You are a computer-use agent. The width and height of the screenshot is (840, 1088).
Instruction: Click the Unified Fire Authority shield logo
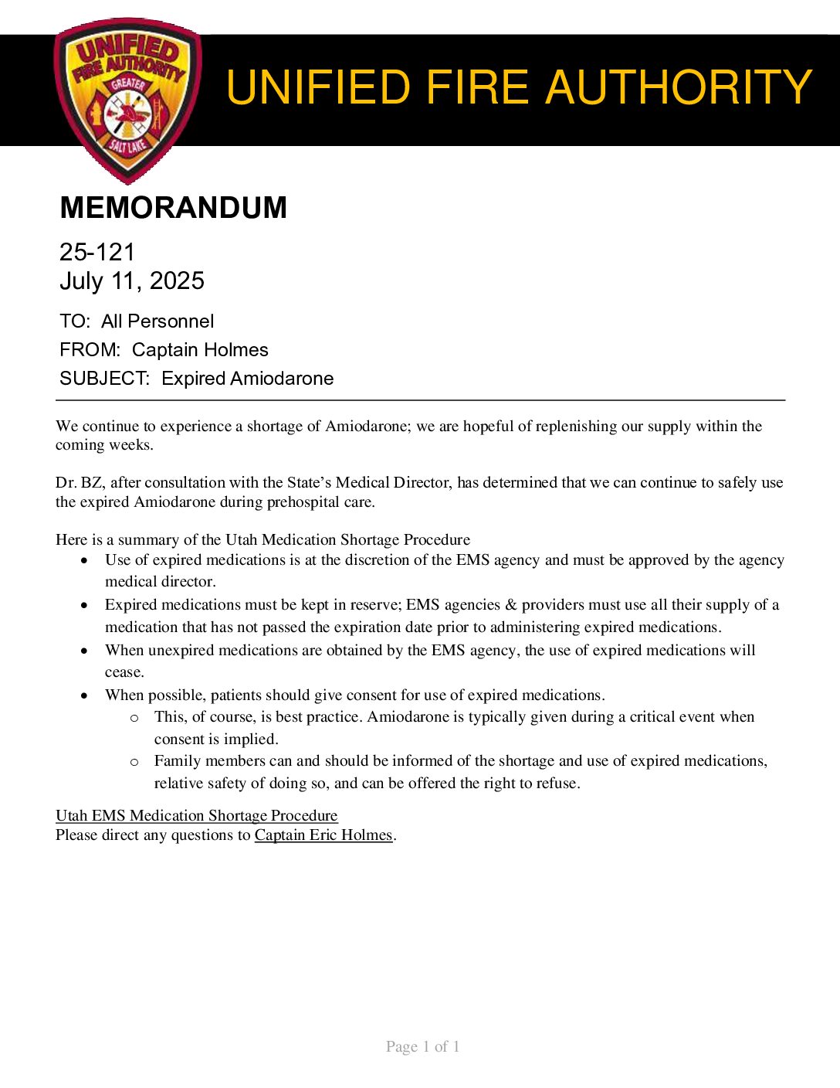pos(128,99)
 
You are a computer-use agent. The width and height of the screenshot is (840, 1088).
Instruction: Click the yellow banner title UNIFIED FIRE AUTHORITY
pos(518,87)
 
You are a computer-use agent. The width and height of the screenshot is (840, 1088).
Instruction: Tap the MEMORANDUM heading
pos(173,208)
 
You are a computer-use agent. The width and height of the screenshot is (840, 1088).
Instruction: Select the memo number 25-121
pos(97,252)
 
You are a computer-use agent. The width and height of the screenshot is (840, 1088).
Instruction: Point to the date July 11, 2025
pos(132,280)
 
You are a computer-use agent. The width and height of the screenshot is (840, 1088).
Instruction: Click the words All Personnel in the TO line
pos(157,321)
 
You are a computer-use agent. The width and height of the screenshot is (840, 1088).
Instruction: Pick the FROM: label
pos(90,350)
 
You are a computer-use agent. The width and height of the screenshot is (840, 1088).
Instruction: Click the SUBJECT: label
pos(104,379)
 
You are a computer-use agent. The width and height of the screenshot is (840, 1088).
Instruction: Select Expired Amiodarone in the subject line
pos(248,379)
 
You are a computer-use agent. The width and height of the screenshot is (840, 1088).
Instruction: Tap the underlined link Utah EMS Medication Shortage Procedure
pos(196,816)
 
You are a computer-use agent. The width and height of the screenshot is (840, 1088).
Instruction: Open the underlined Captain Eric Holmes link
pos(323,835)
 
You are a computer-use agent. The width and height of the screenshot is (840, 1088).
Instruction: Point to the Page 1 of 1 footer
pos(422,1047)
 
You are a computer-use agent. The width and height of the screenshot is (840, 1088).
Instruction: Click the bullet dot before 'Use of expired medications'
pos(84,560)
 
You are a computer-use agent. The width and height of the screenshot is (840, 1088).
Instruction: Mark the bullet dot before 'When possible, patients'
pos(84,695)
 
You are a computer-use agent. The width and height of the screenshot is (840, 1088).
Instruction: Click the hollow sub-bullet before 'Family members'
pos(134,762)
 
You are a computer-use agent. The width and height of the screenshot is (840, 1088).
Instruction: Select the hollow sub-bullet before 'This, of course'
pos(134,718)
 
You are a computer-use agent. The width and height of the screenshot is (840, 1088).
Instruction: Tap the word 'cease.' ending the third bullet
pos(124,672)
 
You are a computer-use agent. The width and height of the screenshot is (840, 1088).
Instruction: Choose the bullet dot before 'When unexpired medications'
pos(84,651)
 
